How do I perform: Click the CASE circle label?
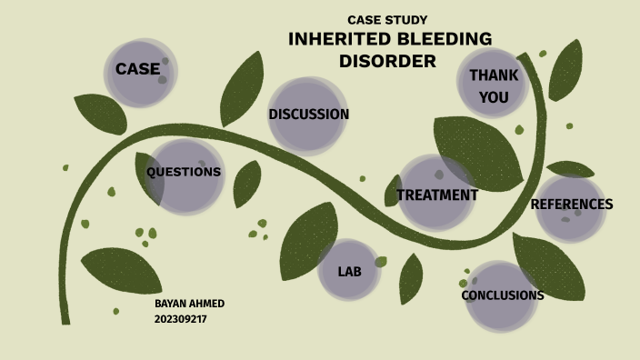tap(137, 69)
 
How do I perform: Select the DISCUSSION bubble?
tap(308, 115)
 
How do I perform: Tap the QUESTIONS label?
tap(184, 172)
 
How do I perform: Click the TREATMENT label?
tap(437, 195)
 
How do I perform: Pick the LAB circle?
tap(349, 271)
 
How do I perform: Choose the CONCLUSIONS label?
tap(502, 295)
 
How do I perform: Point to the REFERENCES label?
tap(571, 205)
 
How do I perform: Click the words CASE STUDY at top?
tap(387, 20)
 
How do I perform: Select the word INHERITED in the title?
tap(338, 39)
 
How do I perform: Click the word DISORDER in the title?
tap(388, 62)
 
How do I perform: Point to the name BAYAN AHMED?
tap(189, 303)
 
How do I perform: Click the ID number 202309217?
tap(180, 319)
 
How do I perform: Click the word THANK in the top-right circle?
tap(494, 75)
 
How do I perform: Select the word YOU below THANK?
tap(494, 97)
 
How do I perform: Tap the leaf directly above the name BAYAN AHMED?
tap(122, 270)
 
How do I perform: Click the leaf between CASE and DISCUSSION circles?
tap(242, 89)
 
